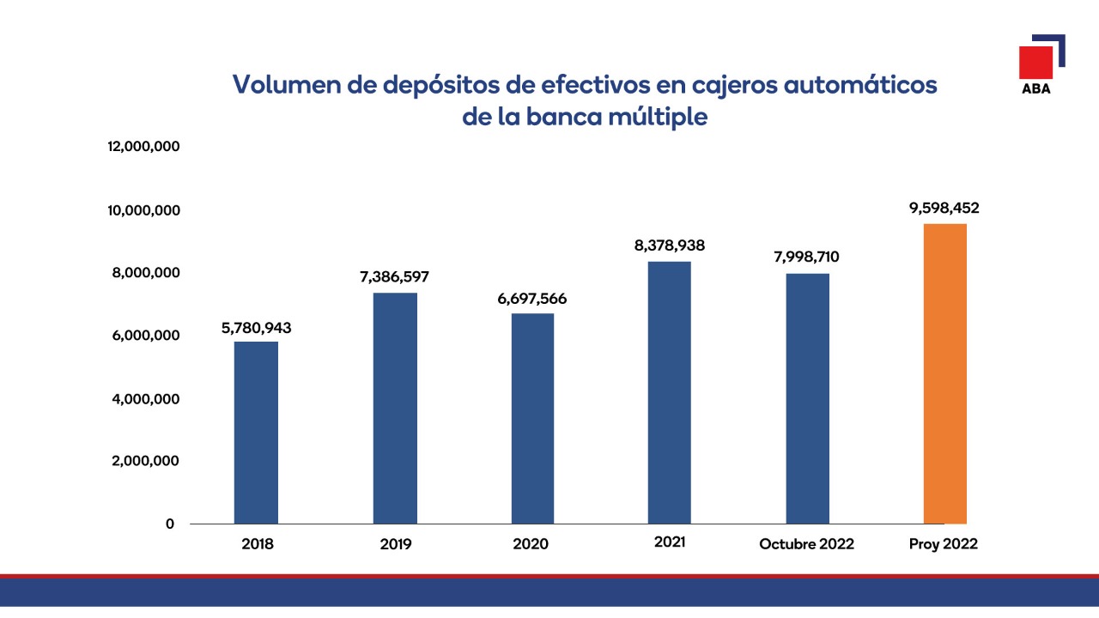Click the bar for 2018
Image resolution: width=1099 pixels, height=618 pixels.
pos(256,433)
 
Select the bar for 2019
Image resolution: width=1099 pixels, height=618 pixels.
pos(395,408)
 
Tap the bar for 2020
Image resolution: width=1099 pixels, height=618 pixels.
pos(532,418)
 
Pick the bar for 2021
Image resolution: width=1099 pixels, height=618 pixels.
pos(669,392)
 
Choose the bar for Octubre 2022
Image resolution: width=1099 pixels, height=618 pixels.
pos(807,398)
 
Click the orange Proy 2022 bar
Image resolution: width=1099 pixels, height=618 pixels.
pos(944,373)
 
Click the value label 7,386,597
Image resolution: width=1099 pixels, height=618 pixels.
pos(394,277)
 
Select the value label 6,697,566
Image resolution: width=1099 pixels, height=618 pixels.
pos(532,299)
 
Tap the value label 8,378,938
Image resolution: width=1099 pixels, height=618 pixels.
pos(670,245)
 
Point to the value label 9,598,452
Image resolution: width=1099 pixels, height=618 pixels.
pos(944,208)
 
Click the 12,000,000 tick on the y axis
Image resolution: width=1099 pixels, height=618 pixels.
pos(143,147)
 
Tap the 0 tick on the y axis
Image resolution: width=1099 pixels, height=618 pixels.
pos(170,524)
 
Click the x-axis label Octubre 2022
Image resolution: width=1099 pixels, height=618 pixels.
pos(806,544)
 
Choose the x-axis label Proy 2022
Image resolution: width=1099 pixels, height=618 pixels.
pos(944,544)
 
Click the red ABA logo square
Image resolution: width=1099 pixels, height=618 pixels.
pos(1035,62)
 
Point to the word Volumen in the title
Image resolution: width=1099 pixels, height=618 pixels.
pos(285,85)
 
